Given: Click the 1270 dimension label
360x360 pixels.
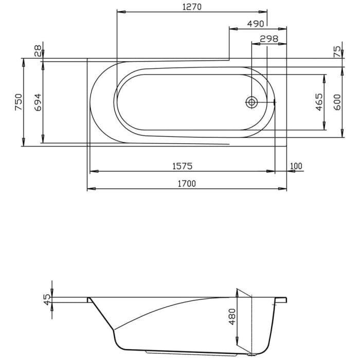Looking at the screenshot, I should coord(191,7).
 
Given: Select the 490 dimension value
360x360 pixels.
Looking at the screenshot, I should coord(255,24).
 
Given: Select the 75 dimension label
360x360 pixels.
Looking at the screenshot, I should coord(337,51).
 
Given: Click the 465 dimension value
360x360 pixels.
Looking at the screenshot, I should coord(319,102).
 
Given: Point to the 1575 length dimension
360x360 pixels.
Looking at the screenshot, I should coord(182,166).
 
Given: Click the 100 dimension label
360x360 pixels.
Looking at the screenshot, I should coord(296,166).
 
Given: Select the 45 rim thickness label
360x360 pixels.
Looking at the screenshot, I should coord(47,299).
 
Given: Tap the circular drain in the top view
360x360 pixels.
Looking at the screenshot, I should coord(251,102).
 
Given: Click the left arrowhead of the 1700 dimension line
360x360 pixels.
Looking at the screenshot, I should coord(90,189).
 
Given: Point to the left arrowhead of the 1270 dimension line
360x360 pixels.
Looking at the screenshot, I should coord(120,12).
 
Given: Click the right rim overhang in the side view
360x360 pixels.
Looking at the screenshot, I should coord(282,300).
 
